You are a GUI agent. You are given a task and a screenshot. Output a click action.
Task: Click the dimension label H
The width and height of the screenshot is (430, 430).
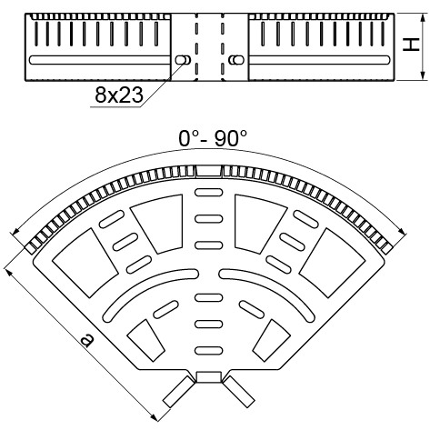(x=411, y=45)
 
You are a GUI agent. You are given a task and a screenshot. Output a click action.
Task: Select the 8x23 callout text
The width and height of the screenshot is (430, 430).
(x=119, y=95)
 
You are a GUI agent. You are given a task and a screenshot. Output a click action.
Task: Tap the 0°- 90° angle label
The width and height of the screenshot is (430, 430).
(x=213, y=138)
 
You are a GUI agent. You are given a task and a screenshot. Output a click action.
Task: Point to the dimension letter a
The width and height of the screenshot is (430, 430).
(x=87, y=340)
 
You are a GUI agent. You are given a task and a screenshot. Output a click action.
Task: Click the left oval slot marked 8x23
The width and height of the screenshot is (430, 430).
(x=183, y=60)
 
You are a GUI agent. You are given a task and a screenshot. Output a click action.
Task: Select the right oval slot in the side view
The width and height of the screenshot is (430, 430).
(x=236, y=60)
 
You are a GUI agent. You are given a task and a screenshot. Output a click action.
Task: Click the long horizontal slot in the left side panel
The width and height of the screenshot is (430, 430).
(x=100, y=60)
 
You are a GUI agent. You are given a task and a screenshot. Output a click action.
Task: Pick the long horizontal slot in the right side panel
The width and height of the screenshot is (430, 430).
(x=319, y=60)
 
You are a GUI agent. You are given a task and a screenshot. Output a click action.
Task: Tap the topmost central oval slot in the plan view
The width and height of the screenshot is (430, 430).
(x=208, y=192)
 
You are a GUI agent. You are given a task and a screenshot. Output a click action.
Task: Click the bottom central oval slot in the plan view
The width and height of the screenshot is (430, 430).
(x=208, y=351)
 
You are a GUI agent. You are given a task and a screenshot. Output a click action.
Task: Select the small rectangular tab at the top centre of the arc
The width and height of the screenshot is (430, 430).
(x=208, y=171)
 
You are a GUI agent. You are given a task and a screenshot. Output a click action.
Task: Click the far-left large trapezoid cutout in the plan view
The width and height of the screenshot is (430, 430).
(x=85, y=263)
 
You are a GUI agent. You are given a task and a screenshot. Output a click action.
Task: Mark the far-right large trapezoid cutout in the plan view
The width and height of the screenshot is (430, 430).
(x=332, y=263)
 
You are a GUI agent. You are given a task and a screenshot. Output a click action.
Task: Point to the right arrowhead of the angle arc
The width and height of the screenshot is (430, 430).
(x=402, y=231)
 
